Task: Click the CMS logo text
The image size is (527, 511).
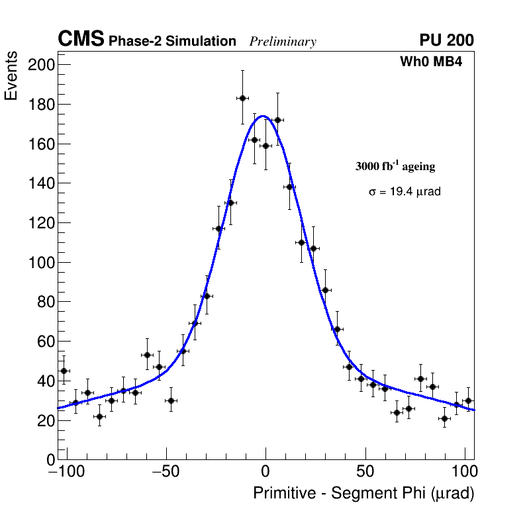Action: click(x=81, y=40)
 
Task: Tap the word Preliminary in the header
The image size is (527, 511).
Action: click(x=283, y=42)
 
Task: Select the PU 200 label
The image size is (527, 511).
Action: click(x=446, y=40)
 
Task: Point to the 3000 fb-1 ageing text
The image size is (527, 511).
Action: click(x=395, y=166)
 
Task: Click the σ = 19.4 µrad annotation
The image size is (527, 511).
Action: click(x=405, y=192)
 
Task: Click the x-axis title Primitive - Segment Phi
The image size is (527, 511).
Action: click(x=363, y=494)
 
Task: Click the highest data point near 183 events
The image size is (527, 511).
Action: click(x=242, y=98)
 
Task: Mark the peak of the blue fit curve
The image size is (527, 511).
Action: click(x=263, y=116)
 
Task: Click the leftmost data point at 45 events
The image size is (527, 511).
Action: click(x=64, y=371)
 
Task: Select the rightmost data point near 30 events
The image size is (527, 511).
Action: click(x=468, y=400)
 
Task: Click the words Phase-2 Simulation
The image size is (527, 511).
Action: click(x=172, y=42)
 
